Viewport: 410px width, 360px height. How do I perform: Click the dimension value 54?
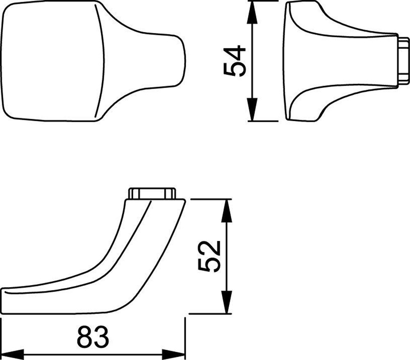235,61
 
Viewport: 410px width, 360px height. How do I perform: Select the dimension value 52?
210,256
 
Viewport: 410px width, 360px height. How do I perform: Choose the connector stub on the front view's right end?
403,61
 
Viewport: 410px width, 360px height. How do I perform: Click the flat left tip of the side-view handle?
5,301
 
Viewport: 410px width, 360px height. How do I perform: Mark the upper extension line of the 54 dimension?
266,1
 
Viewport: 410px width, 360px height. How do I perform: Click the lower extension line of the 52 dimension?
209,314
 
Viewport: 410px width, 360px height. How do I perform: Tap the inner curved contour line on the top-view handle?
103,61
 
